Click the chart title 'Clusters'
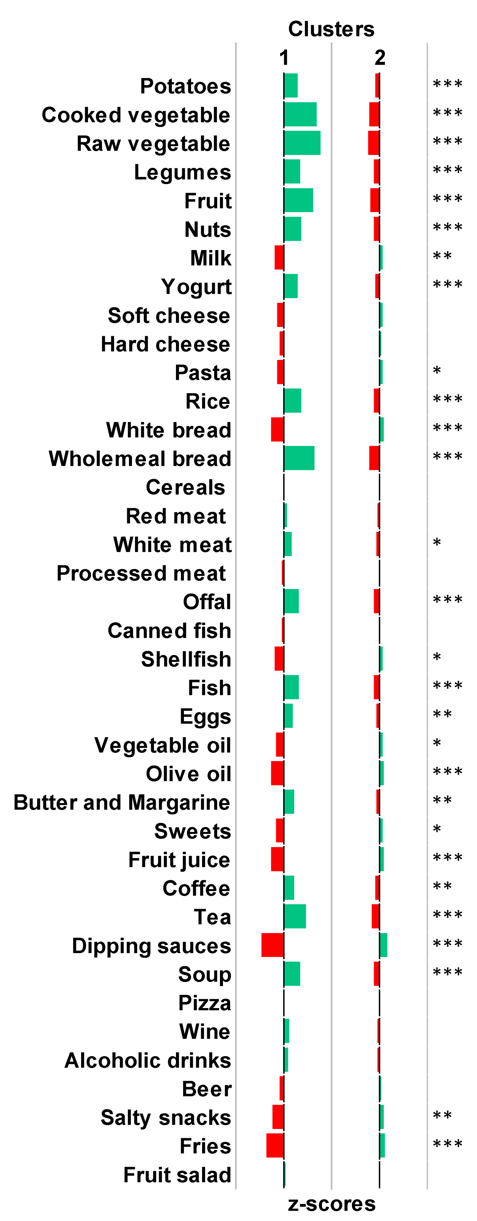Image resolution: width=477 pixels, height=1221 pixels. [331, 29]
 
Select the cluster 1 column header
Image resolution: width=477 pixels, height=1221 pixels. [284, 58]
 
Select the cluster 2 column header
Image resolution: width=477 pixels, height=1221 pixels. [379, 58]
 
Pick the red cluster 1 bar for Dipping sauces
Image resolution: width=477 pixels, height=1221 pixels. [273, 944]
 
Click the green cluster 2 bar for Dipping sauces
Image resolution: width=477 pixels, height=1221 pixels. [383, 944]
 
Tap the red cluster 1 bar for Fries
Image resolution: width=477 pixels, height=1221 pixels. [275, 1145]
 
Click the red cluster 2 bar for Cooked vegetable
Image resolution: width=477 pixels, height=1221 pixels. [374, 114]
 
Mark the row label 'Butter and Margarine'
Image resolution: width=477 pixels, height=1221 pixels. [122, 802]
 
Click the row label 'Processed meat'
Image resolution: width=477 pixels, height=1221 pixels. [141, 573]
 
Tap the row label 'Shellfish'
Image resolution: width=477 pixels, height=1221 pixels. [186, 659]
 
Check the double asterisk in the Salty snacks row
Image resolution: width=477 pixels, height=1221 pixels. [442, 1115]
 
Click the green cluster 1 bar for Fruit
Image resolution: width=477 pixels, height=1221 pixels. [298, 200]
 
